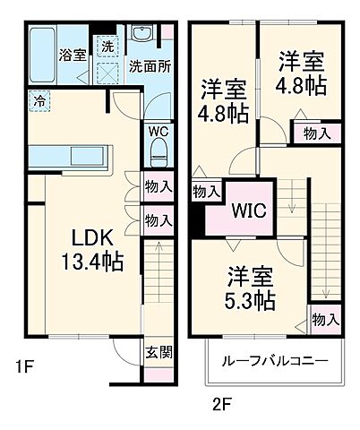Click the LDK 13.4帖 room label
coord(92,251)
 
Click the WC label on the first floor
coord(158,130)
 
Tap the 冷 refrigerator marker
coord(39,100)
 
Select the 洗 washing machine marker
coord(107,44)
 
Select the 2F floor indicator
coord(222,402)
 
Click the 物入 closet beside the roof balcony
coord(325,319)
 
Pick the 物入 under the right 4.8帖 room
coord(316,133)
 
